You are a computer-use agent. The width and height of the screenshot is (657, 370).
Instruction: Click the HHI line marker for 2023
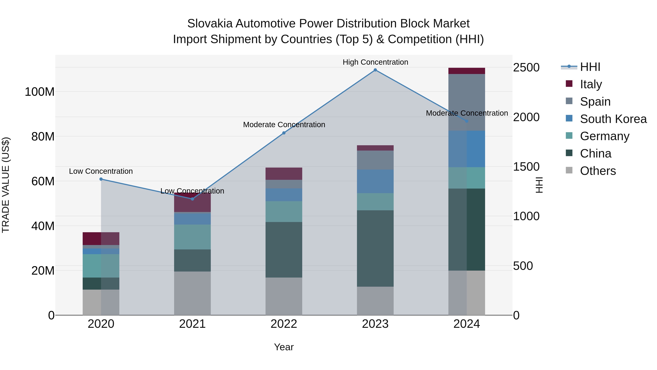point(375,70)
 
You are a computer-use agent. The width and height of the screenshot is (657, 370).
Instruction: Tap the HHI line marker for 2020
point(101,179)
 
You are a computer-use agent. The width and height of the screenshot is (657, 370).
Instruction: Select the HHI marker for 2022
point(284,133)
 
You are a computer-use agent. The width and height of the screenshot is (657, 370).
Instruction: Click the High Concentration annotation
point(375,62)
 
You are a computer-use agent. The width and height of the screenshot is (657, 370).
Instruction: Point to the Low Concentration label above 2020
point(101,171)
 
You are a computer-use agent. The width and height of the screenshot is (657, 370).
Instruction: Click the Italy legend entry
point(591,84)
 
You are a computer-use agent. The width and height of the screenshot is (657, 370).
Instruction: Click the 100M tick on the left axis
point(40,92)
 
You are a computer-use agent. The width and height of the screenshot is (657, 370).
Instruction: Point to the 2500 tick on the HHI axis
point(526,68)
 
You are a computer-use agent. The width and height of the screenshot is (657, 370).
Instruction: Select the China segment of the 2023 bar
point(375,248)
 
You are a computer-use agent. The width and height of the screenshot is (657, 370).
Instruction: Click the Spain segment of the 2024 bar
point(467,102)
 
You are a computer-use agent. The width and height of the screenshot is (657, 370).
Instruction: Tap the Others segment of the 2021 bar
point(192,293)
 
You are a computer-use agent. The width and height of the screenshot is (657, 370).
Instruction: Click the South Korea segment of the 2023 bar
point(375,181)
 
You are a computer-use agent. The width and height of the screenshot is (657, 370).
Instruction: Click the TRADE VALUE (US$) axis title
point(6,185)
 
